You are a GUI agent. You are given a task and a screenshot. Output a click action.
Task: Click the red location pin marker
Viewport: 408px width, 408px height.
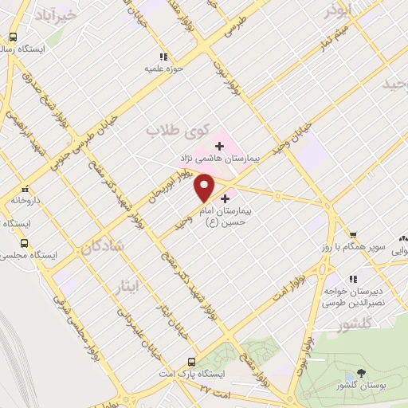click(206, 187)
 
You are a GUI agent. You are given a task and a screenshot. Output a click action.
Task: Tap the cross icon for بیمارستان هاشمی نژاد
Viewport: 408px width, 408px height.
click(219, 145)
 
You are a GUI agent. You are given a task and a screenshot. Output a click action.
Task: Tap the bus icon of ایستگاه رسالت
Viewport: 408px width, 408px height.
click(13, 37)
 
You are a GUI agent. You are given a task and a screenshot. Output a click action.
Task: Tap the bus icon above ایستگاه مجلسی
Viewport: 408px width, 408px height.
click(25, 243)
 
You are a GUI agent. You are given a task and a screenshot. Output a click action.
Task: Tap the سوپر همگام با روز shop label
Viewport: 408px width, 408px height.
click(374, 248)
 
